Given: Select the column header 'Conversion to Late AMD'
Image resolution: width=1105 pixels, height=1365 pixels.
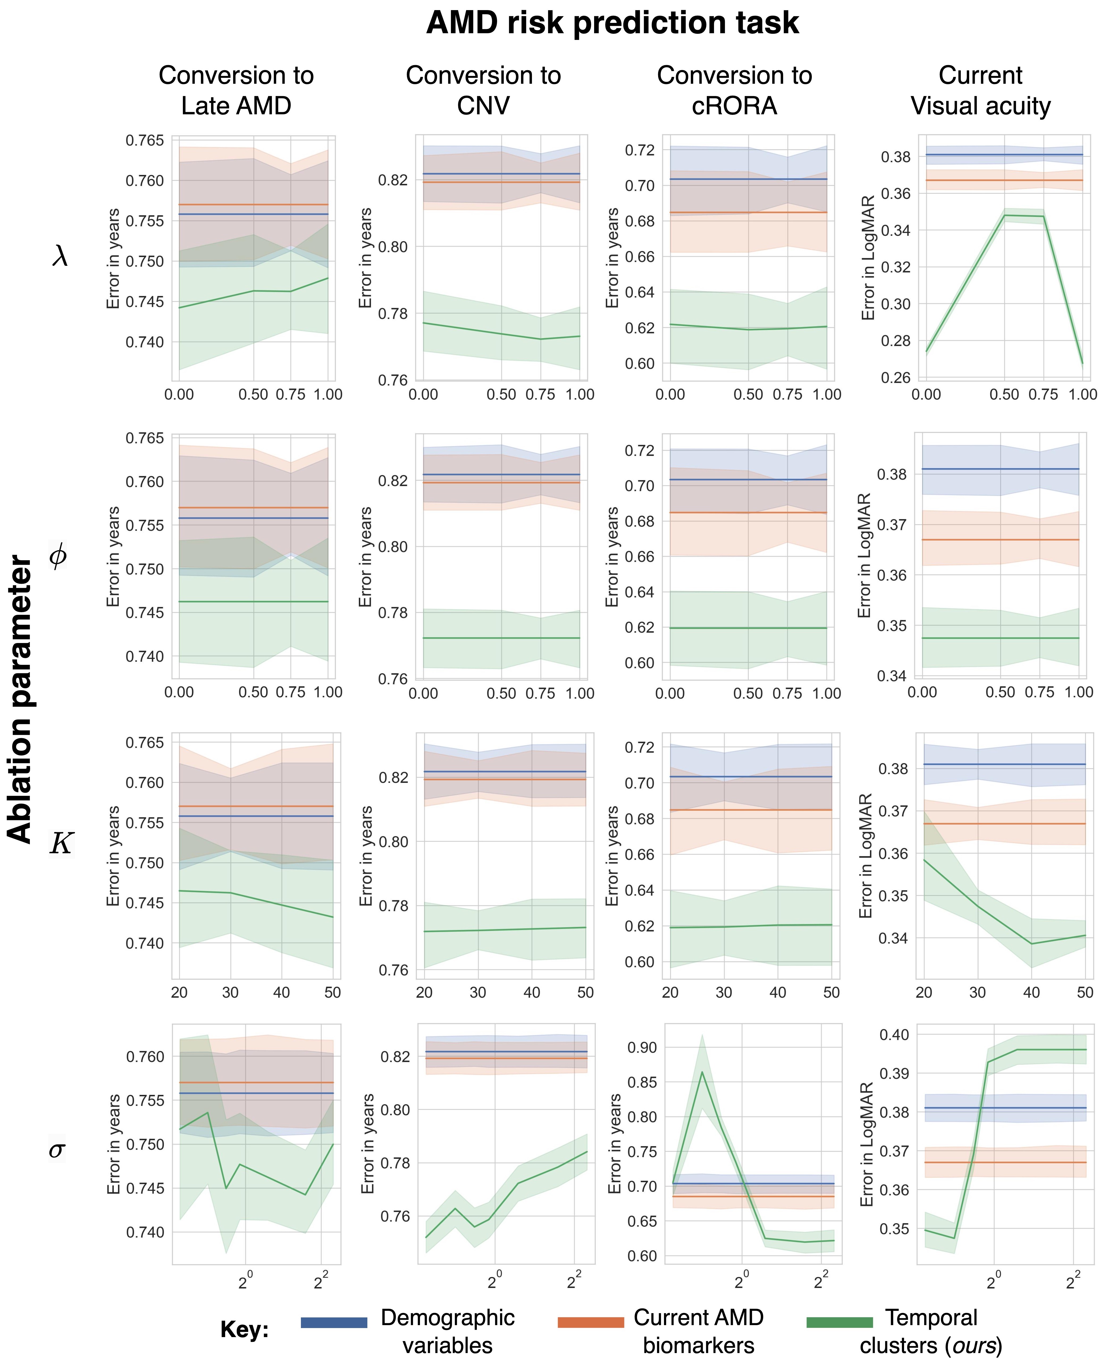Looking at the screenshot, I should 236,90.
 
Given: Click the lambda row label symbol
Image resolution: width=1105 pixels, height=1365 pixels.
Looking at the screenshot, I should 59,257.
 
